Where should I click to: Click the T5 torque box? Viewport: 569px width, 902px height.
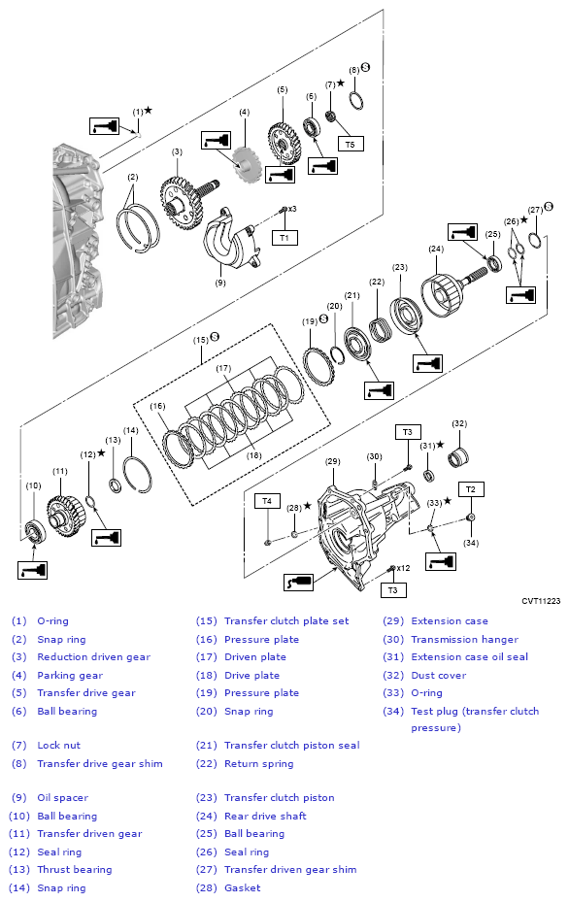tap(351, 144)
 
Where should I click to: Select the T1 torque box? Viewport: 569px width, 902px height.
tap(284, 237)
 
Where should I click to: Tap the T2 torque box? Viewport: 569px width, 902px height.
tap(471, 489)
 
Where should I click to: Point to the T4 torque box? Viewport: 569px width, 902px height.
tap(267, 500)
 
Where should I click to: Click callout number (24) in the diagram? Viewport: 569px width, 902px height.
tap(436, 250)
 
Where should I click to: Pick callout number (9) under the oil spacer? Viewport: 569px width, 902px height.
tap(220, 283)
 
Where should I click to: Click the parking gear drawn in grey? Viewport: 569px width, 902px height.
tap(247, 164)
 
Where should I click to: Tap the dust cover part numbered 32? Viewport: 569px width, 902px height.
tap(458, 457)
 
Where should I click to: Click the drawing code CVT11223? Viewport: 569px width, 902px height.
tap(541, 601)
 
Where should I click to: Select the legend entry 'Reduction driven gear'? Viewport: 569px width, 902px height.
tap(94, 657)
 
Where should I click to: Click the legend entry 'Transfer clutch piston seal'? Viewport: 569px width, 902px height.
tap(291, 746)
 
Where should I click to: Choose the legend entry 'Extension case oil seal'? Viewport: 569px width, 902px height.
tap(469, 657)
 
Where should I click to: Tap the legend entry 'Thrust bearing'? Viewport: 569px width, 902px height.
tap(75, 870)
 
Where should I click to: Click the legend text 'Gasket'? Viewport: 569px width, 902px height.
tap(242, 888)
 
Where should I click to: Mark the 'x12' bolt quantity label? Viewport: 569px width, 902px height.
tap(403, 568)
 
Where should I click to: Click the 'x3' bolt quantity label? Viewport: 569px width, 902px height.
tap(292, 209)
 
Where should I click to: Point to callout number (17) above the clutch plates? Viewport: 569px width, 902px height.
tap(223, 368)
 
